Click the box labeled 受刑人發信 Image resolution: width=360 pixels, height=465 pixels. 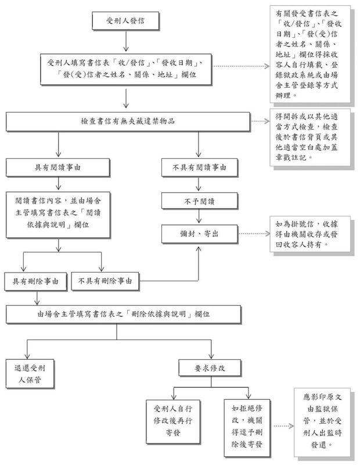click(x=125, y=21)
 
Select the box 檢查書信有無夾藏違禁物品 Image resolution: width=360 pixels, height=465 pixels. click(x=128, y=121)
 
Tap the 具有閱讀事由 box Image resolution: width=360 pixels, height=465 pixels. click(x=58, y=167)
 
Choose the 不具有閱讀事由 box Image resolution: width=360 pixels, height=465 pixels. click(x=199, y=167)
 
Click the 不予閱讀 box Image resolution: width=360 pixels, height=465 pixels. click(x=199, y=201)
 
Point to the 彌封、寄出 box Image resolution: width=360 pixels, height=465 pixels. click(x=199, y=234)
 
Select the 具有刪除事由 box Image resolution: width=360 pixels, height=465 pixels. click(x=35, y=281)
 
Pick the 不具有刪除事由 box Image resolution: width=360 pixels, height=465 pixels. click(x=105, y=281)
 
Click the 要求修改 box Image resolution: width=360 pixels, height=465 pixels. click(x=210, y=368)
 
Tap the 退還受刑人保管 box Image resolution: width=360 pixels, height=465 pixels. click(x=30, y=374)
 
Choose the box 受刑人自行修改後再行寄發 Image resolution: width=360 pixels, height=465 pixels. click(x=173, y=421)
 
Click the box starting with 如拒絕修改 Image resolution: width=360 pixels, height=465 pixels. click(x=247, y=428)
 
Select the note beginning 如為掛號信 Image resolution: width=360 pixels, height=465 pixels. click(x=310, y=234)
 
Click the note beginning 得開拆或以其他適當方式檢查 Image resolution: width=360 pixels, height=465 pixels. click(x=310, y=137)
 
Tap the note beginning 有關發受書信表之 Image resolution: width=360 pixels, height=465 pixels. click(x=310, y=54)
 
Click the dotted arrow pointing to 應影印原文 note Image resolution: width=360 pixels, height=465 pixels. click(x=283, y=426)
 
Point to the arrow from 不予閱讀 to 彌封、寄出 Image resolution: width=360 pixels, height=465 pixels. click(x=199, y=216)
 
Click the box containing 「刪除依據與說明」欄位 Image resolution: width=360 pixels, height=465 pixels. click(x=124, y=314)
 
